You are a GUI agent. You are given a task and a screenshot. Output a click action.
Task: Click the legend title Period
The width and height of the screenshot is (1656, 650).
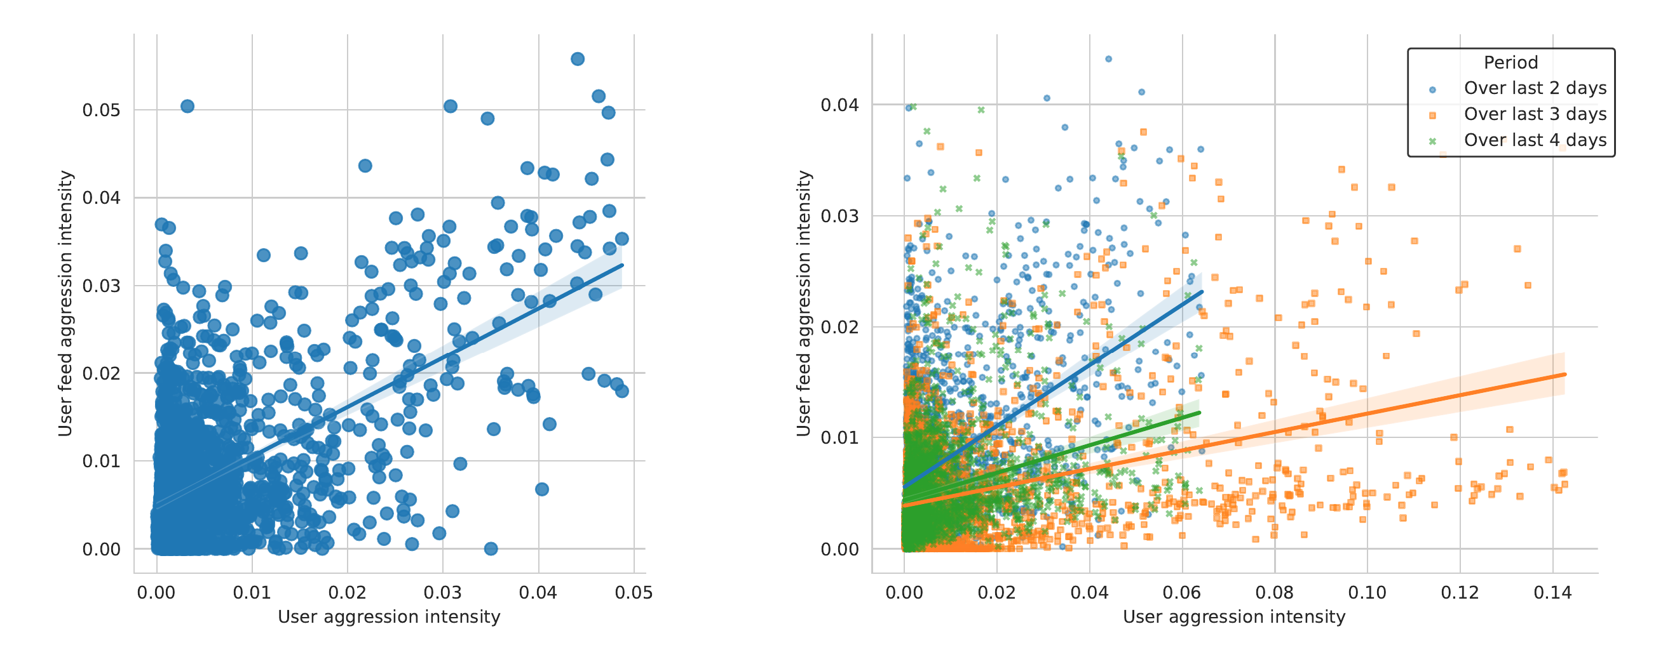(x=1510, y=62)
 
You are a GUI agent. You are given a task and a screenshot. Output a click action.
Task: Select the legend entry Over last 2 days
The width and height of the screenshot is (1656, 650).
(x=1535, y=88)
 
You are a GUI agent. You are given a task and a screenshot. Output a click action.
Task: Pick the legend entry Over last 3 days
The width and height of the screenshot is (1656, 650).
(x=1535, y=114)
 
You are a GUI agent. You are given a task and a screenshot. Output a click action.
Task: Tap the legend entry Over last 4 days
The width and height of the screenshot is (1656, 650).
(x=1535, y=140)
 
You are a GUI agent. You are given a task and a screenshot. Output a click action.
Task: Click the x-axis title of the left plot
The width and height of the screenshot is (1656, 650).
(x=389, y=617)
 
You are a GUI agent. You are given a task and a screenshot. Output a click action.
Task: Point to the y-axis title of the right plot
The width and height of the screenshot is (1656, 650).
(x=804, y=303)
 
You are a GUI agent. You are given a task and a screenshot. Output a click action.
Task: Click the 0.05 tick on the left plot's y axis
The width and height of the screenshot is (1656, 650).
(x=101, y=110)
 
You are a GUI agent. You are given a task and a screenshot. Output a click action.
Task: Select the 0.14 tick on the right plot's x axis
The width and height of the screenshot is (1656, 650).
(x=1552, y=593)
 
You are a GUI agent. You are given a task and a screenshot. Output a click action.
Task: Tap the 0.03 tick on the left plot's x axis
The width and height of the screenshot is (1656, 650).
(x=442, y=593)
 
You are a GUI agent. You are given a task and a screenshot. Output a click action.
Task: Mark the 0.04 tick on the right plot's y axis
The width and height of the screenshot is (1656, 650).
(x=839, y=105)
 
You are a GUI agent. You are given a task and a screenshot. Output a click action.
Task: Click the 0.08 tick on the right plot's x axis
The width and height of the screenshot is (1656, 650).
(x=1274, y=593)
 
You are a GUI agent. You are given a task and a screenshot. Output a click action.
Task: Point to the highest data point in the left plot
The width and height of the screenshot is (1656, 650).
(x=577, y=59)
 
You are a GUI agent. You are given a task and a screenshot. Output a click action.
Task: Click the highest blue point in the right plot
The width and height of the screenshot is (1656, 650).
(x=1108, y=59)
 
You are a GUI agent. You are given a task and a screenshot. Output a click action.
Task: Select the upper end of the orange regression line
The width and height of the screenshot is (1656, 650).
(x=1564, y=375)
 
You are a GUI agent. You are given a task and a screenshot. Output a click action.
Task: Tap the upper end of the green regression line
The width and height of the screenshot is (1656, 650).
(x=1200, y=413)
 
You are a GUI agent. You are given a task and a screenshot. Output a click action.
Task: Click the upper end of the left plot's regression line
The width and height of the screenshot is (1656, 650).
(x=622, y=265)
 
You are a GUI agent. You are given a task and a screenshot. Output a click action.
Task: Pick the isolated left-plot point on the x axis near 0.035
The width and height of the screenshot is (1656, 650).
(x=491, y=548)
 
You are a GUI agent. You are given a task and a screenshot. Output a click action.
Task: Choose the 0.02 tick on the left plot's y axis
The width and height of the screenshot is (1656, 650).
(x=101, y=374)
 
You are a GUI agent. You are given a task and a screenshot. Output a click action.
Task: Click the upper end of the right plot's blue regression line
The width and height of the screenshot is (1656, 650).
(x=1202, y=291)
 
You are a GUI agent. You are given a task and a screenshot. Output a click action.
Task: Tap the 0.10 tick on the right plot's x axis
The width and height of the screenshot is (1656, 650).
(x=1367, y=593)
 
